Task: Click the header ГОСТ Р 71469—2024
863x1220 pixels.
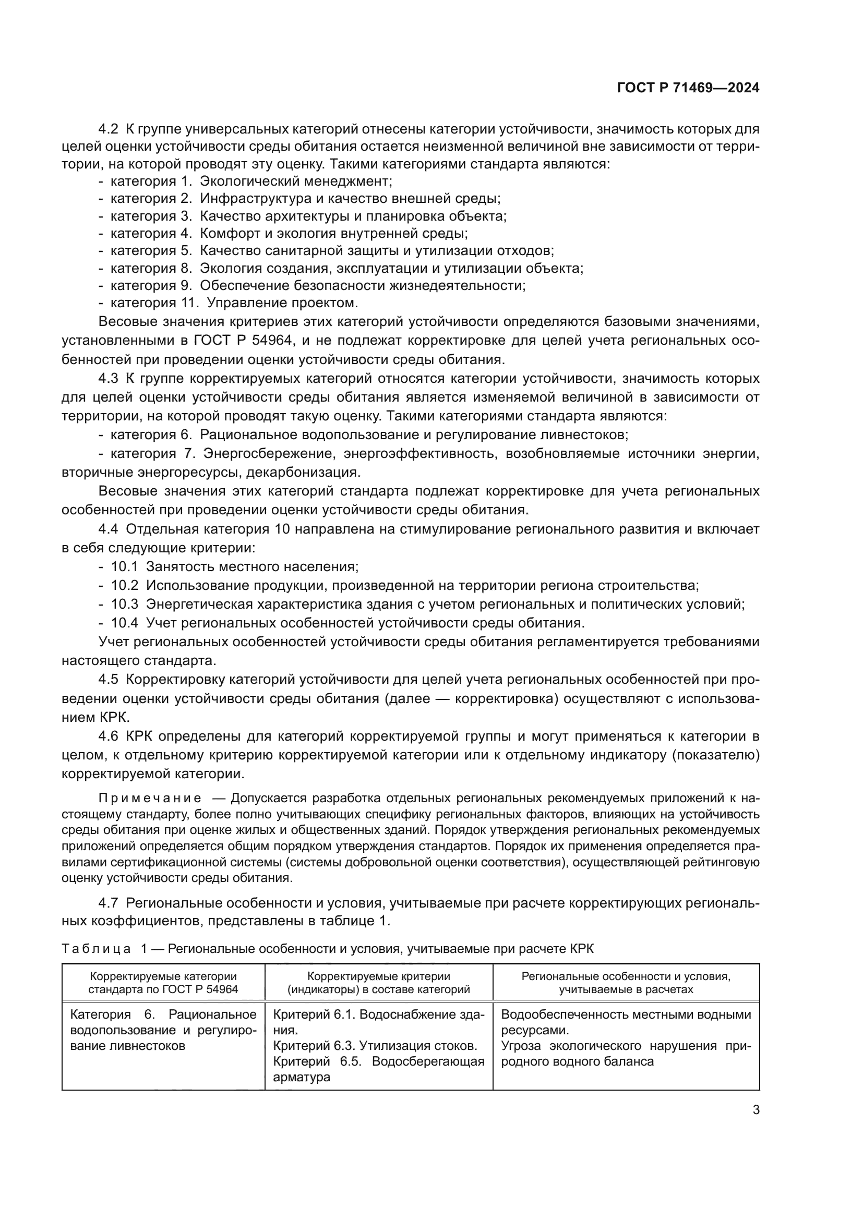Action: coord(688,88)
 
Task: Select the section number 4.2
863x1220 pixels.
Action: coord(110,129)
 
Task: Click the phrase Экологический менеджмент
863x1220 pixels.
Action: coord(295,181)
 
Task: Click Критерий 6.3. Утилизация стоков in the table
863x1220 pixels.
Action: coord(375,1046)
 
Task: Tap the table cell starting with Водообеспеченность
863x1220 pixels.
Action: coord(626,1022)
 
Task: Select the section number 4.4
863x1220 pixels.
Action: coord(110,529)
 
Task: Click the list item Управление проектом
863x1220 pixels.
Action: coord(282,303)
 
